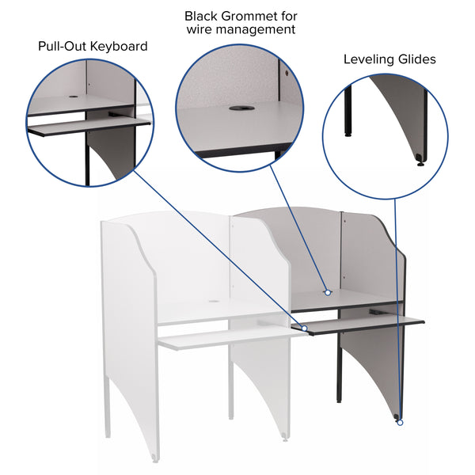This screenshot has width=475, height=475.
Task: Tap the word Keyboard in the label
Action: coord(119,46)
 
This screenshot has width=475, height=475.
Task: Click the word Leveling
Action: coord(370,59)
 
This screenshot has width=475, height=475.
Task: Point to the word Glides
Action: coord(418,59)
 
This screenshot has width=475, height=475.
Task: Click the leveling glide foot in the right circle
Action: coord(420,165)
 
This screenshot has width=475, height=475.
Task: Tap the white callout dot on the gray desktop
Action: coord(327,293)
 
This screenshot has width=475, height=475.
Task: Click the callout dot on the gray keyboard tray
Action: coord(305,327)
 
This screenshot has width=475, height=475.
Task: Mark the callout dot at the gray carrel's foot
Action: coord(400,422)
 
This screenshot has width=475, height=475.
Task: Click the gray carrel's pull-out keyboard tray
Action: coord(364,325)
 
